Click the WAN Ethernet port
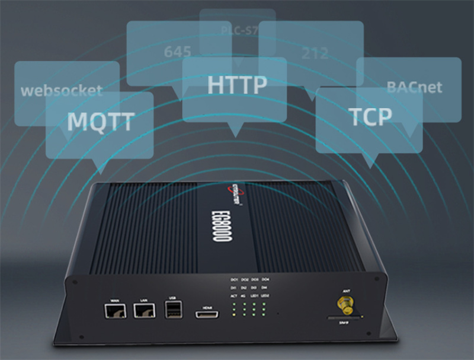pos(111,310)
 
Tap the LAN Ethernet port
pos(142,310)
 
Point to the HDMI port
pos(207,313)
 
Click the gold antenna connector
pos(345,306)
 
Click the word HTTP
pos(237,85)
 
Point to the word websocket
pos(62,91)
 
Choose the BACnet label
pos(415,87)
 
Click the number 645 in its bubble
pos(178,52)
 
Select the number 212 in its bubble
pos(314,53)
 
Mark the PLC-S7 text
pos(237,29)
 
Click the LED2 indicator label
pos(265,295)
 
